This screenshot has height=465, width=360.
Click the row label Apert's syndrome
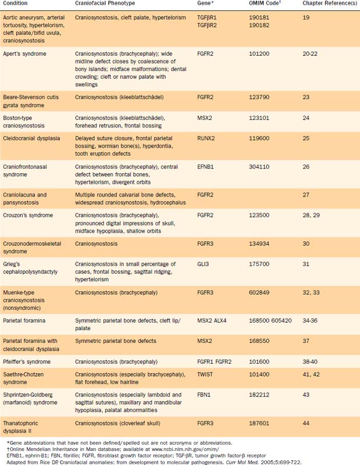pyautogui.click(x=26, y=53)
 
